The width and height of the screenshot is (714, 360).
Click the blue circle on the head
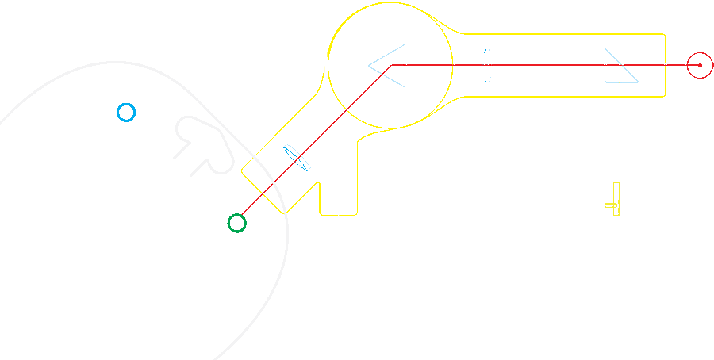[126, 113]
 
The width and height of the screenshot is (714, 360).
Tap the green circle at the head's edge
[236, 223]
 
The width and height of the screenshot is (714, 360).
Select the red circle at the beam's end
[700, 65]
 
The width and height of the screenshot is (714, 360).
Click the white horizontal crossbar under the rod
[325, 124]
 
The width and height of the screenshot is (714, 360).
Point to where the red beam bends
[389, 66]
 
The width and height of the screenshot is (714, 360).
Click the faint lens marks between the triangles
[487, 66]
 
